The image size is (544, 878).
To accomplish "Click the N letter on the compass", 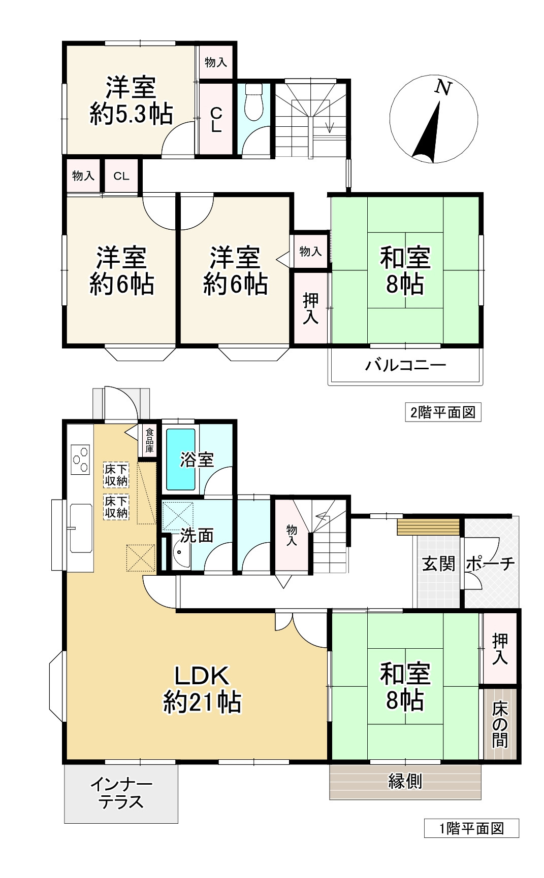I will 443,88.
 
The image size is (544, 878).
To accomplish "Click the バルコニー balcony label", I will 405,365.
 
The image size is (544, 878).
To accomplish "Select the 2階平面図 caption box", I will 442,412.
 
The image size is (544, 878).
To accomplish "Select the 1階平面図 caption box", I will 471,828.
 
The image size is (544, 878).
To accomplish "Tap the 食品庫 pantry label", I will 149,440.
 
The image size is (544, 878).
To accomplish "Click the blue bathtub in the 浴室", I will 181,459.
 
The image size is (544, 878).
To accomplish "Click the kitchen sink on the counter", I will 81,528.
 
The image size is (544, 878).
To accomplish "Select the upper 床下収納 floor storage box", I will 116,475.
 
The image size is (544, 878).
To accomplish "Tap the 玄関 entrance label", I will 438,564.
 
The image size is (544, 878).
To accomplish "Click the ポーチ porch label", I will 490,564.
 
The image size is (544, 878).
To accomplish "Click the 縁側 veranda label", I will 405,781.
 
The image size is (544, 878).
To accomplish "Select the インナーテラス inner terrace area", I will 121,793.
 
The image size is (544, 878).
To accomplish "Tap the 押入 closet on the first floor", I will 500,649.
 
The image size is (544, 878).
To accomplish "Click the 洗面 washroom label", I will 197,536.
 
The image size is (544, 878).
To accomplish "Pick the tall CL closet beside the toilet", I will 216,119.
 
